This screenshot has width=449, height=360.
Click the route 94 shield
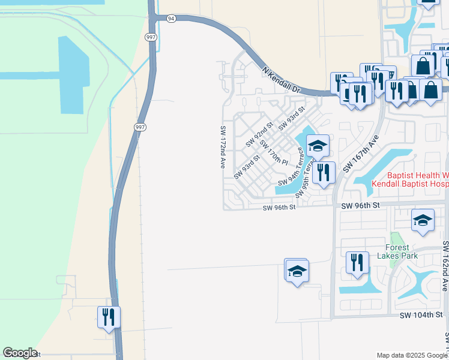[x=172, y=19]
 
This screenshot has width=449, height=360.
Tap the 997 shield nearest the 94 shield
[x=150, y=37]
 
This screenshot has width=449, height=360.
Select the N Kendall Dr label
[x=281, y=79]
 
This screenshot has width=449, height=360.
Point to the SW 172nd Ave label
[x=223, y=147]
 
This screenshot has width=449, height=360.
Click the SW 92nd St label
[x=259, y=134]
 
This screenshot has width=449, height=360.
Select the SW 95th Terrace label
[x=307, y=177]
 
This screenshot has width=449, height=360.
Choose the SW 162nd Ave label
[x=445, y=266]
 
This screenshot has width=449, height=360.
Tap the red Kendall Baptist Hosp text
[x=410, y=184]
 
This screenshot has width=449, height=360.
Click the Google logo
[x=20, y=353]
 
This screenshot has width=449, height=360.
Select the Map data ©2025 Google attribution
[x=411, y=355]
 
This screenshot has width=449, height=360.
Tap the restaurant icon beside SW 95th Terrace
[x=324, y=172]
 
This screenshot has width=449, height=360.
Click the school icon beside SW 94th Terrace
[x=318, y=145]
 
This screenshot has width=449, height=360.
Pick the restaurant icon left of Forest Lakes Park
[x=357, y=262]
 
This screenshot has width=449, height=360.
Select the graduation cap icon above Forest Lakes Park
[x=423, y=220]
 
